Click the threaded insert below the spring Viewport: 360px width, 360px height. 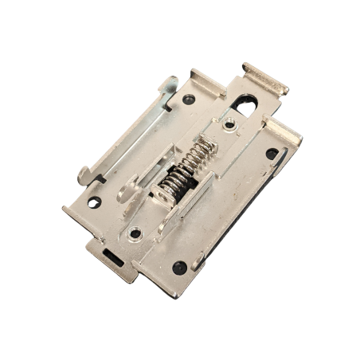tap(135, 233)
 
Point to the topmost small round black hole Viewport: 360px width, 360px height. tap(189, 100)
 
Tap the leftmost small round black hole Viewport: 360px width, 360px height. tap(94, 202)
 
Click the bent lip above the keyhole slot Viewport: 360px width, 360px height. tap(266, 79)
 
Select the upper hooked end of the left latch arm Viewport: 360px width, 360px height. tap(168, 84)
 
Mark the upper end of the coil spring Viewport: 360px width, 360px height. tap(205, 144)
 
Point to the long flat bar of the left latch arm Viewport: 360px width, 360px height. tap(127, 127)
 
